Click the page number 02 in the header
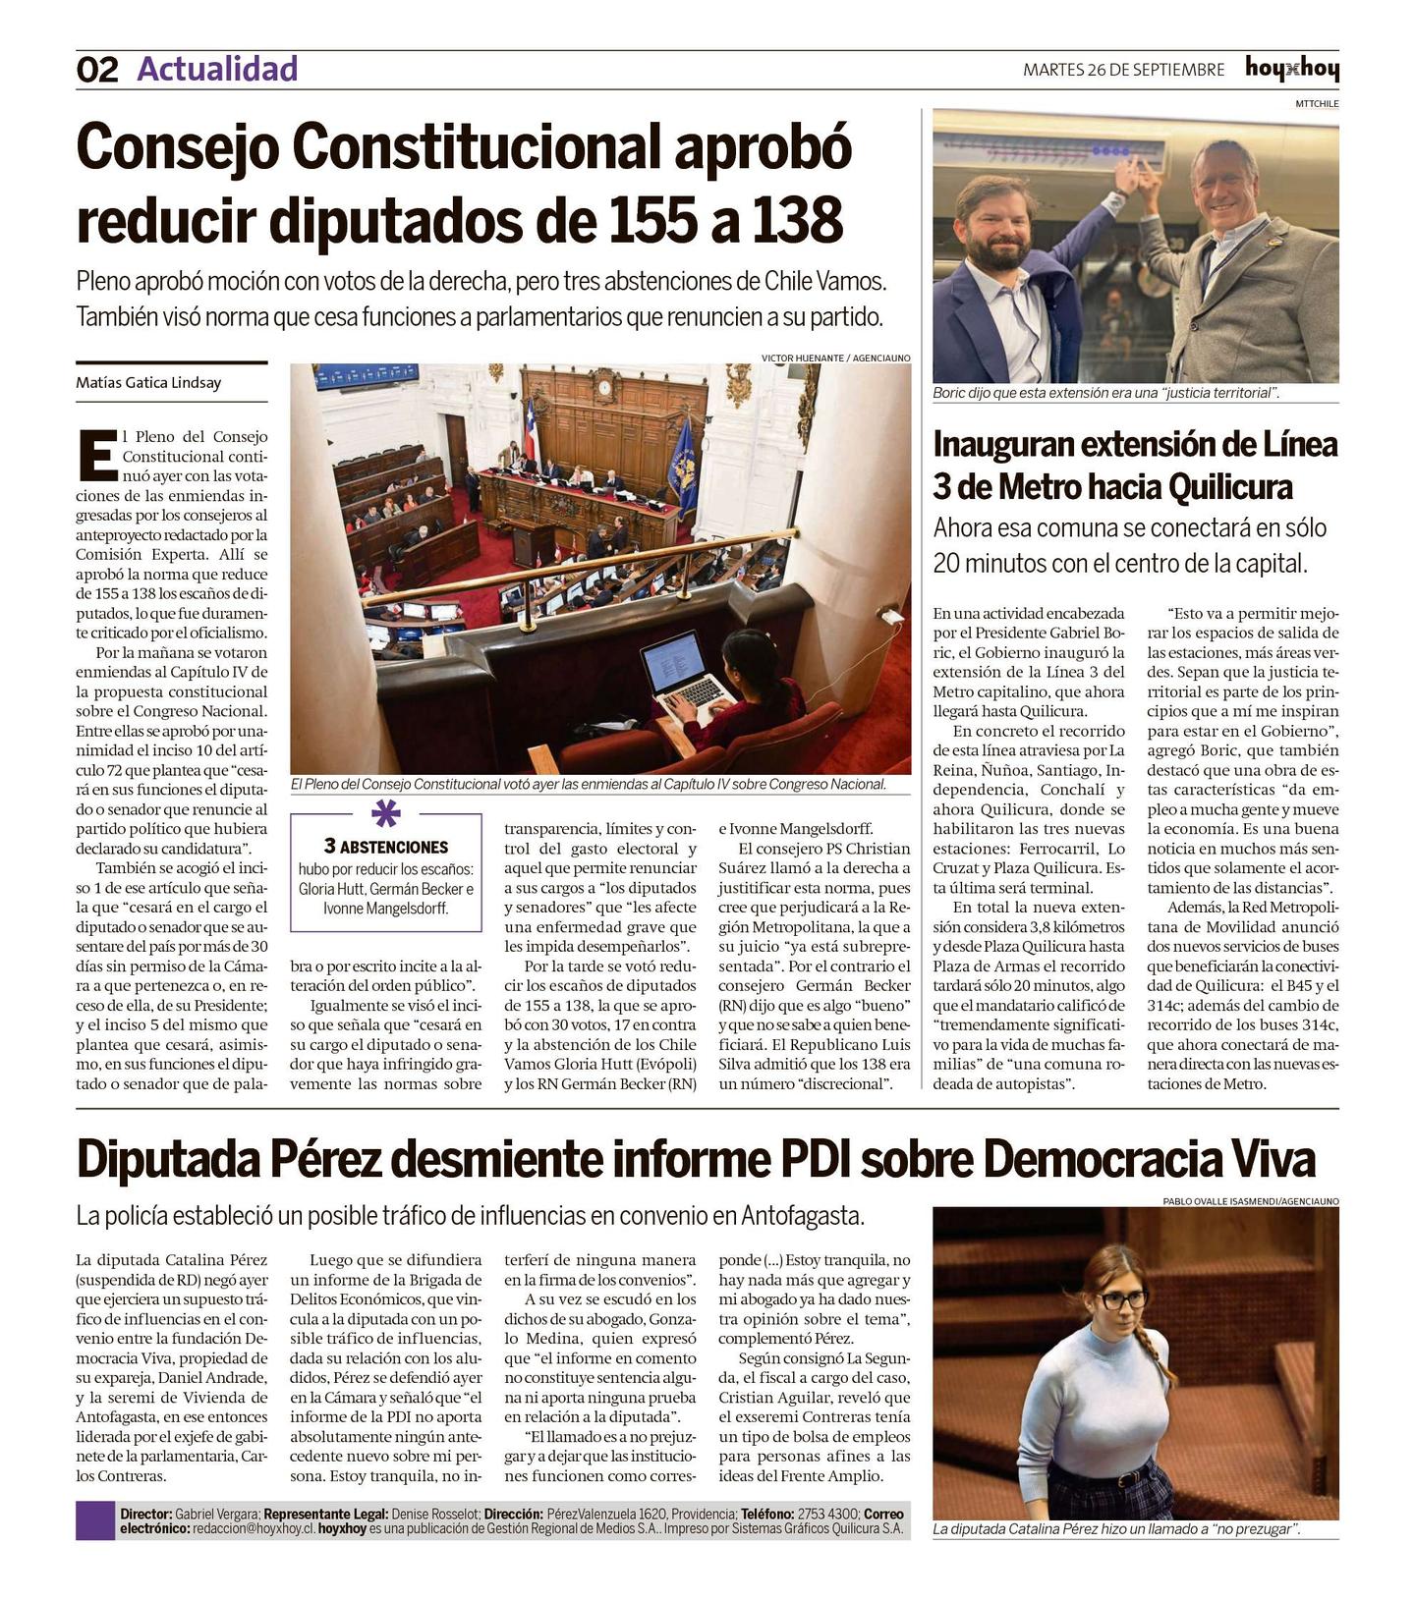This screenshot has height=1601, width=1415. [97, 70]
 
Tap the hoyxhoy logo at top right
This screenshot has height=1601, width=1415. [1291, 69]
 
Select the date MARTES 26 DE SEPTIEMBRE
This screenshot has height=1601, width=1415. [1123, 70]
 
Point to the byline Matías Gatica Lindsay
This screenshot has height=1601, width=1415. [148, 382]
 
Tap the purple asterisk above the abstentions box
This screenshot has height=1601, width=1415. [385, 813]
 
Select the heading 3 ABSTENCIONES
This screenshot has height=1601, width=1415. [385, 847]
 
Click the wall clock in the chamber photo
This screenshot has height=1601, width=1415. [604, 387]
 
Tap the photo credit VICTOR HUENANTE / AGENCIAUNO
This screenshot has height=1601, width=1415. [835, 358]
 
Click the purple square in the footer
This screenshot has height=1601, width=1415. [95, 1520]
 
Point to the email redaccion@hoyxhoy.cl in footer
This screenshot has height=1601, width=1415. [254, 1528]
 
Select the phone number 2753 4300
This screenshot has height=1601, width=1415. [827, 1514]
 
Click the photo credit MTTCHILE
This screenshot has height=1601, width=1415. [1316, 103]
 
